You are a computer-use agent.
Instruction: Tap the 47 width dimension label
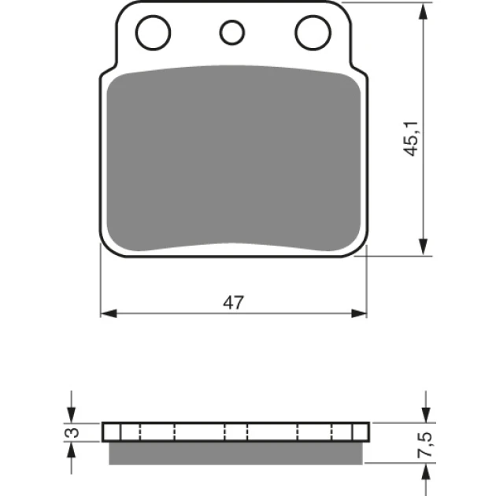234,302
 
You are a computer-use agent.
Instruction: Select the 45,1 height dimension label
411,139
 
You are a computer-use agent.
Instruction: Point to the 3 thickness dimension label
73,432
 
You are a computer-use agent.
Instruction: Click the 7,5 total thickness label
425,444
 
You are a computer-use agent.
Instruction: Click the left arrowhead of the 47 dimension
109,314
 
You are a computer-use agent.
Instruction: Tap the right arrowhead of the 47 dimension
359,314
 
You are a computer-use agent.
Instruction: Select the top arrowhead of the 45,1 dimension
423,11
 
